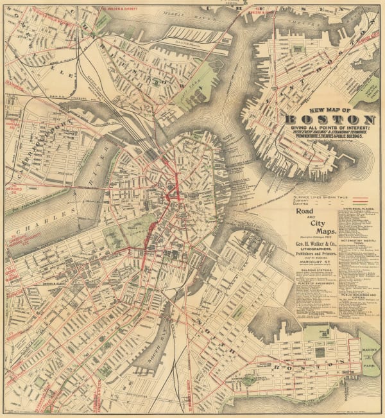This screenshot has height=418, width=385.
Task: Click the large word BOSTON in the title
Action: pos(330,120)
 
